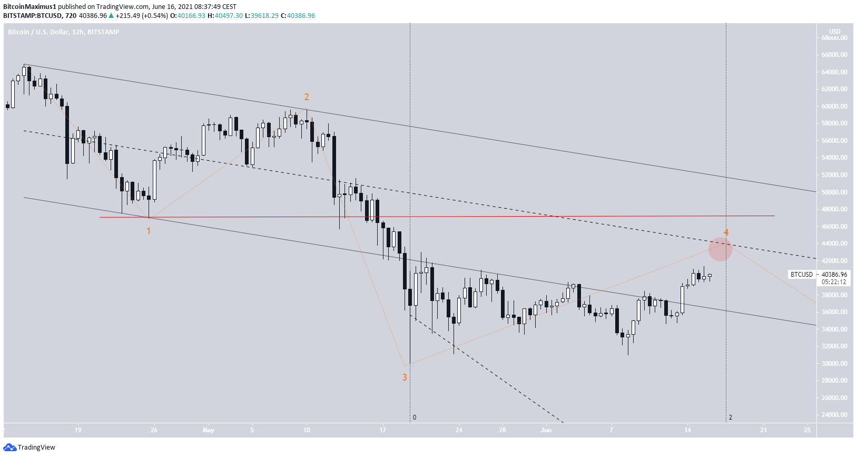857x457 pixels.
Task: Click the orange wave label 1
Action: (x=149, y=231)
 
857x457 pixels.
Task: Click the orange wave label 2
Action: (x=307, y=97)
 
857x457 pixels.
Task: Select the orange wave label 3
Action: (x=405, y=377)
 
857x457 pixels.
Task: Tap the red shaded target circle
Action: (x=720, y=249)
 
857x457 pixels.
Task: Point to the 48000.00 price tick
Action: (x=834, y=209)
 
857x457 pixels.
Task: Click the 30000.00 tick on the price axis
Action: (x=834, y=364)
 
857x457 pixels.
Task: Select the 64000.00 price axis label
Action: (x=834, y=72)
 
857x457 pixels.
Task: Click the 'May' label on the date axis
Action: (x=209, y=430)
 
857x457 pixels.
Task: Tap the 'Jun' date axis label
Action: (x=546, y=430)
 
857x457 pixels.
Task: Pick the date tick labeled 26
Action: (x=154, y=430)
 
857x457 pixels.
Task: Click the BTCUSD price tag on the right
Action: (x=802, y=275)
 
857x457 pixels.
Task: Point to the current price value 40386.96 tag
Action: (x=834, y=275)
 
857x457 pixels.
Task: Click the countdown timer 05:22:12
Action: (x=834, y=282)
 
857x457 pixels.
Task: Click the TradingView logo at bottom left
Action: (x=29, y=448)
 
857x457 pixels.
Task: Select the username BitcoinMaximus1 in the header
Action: (x=29, y=7)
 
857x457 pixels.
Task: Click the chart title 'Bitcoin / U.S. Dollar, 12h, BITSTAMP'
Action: (x=64, y=32)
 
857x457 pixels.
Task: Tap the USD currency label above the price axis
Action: (x=835, y=32)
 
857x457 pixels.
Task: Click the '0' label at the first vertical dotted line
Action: (x=415, y=417)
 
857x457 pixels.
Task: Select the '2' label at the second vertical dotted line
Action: (x=731, y=417)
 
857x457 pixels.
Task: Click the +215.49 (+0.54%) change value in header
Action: (x=142, y=16)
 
